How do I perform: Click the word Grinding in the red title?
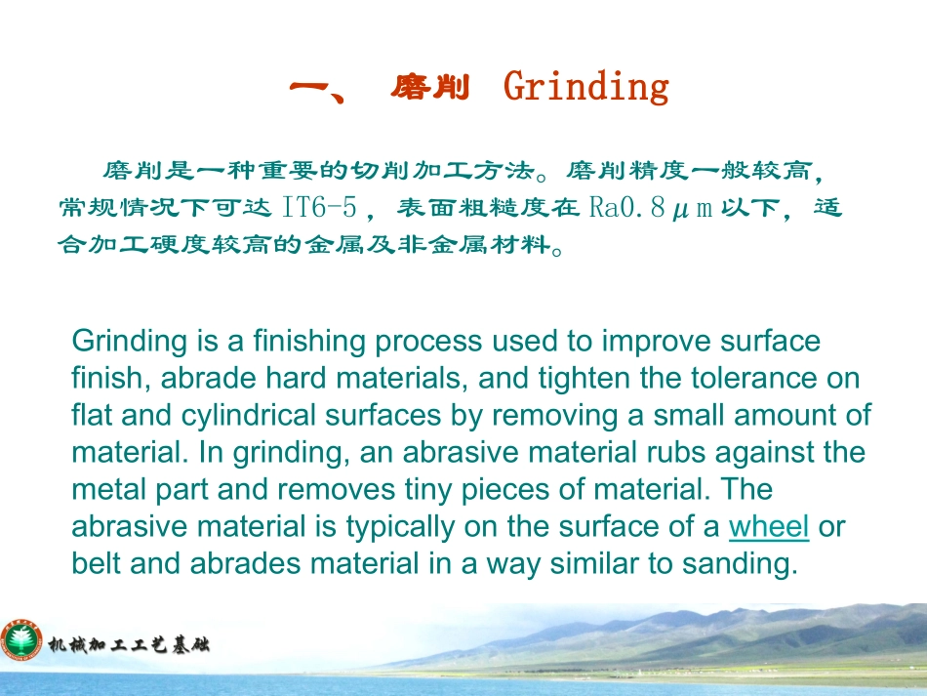click(585, 88)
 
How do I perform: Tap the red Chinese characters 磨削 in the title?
click(429, 87)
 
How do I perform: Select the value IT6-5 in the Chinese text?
click(320, 208)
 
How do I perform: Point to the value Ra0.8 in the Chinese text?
click(626, 208)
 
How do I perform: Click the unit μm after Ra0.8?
click(692, 209)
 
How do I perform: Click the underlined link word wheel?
click(769, 526)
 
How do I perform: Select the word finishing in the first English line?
click(309, 342)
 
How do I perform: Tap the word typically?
click(400, 527)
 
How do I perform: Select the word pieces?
click(506, 491)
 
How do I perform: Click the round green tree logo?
click(21, 640)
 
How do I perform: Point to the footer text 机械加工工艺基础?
click(129, 644)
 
